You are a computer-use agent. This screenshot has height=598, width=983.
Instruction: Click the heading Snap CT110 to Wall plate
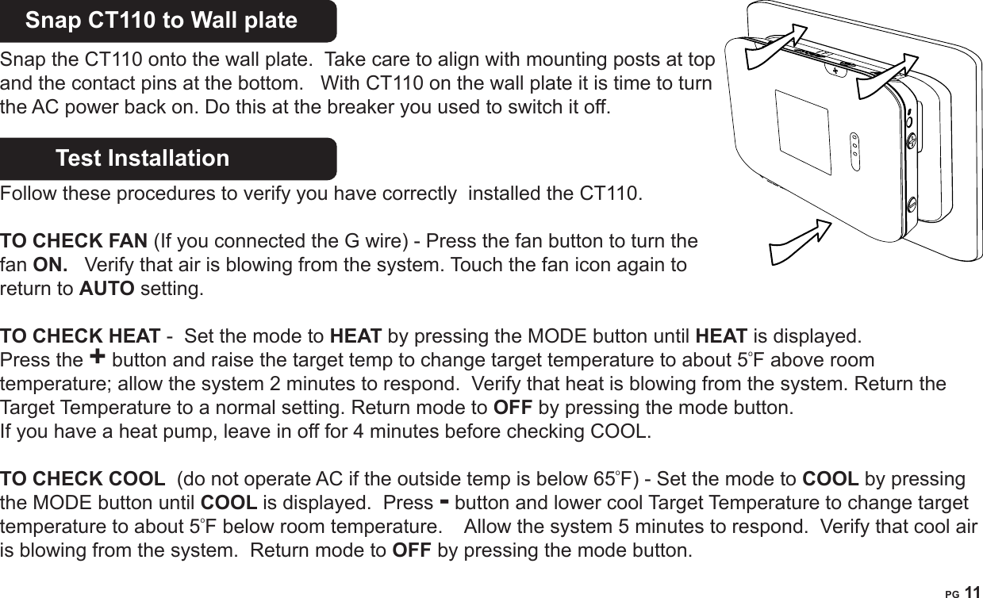(162, 21)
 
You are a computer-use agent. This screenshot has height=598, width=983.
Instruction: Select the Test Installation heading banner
(143, 158)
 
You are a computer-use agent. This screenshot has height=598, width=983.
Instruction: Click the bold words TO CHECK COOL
(83, 480)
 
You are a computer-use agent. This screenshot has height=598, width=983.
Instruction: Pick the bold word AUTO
(107, 287)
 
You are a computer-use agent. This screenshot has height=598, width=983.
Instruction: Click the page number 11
(972, 590)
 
